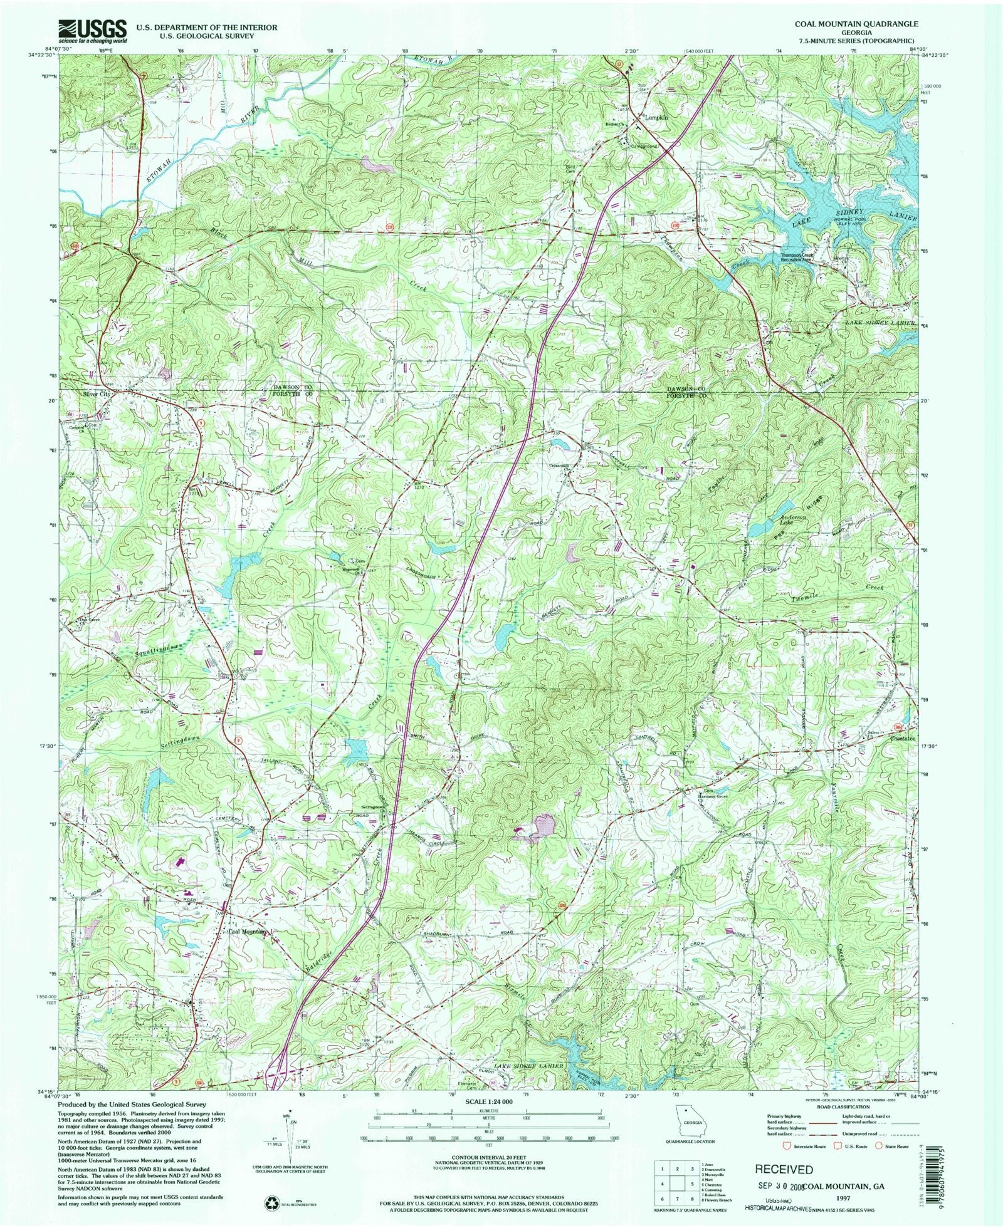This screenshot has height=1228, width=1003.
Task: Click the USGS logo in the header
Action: point(93,31)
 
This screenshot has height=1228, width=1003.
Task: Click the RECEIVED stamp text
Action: point(784,1169)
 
